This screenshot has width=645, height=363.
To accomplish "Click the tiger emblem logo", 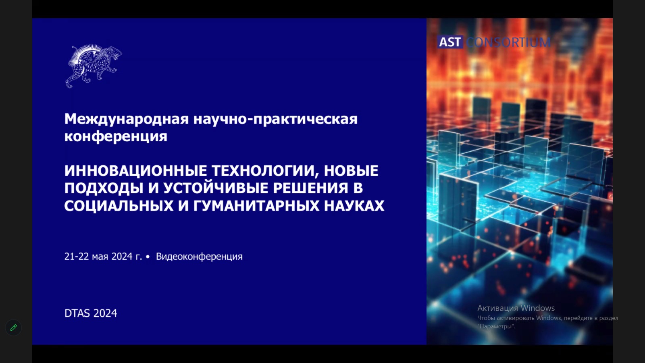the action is tap(94, 66).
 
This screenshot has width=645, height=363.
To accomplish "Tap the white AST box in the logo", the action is tap(450, 42).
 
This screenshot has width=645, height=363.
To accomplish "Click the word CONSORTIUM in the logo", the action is tap(508, 42).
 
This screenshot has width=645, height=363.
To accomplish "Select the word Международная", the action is tap(127, 119).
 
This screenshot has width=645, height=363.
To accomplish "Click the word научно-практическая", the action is tap(275, 119).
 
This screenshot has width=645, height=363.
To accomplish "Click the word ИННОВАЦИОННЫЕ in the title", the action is tap(135, 171).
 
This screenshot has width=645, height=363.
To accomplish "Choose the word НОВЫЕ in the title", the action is tap(351, 171).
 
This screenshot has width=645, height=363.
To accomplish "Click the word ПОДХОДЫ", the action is tap(104, 188).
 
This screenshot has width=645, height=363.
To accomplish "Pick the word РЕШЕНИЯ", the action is tap(311, 188).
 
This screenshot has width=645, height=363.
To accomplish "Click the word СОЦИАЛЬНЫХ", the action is tap(119, 206).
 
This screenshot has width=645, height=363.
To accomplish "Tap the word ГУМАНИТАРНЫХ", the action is tap(256, 206).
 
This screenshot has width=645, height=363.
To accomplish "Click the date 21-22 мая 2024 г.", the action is tap(103, 257).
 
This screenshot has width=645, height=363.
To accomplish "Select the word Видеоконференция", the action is tap(199, 257).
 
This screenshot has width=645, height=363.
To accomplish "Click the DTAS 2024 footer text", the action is tap(91, 313).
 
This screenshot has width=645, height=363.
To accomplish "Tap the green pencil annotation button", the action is tap(14, 328).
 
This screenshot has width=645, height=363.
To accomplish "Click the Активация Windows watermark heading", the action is tap(516, 308).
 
